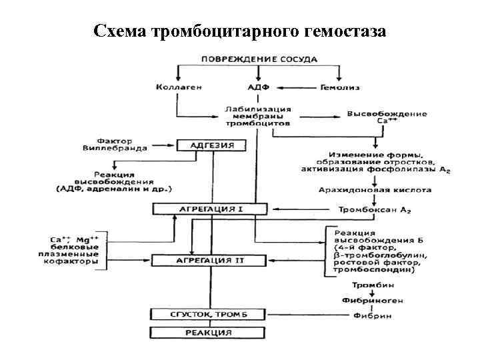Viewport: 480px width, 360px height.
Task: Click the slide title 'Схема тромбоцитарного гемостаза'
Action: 240,31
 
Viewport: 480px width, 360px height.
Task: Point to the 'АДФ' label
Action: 258,87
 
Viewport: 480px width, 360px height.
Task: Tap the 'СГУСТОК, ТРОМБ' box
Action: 208,314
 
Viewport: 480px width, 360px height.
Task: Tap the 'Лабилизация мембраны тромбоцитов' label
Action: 257,115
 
